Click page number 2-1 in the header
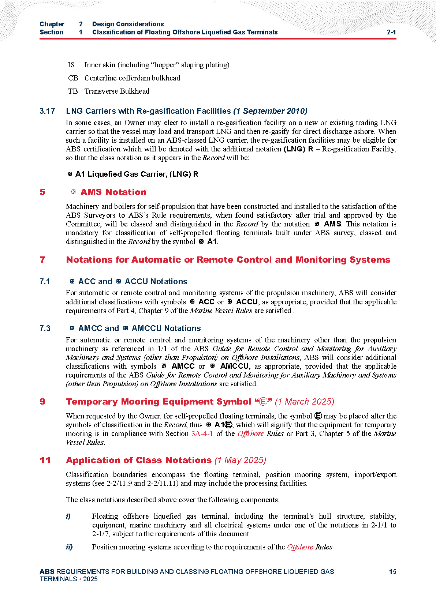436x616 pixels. [391, 32]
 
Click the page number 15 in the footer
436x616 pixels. [392, 572]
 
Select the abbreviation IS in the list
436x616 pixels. [71, 65]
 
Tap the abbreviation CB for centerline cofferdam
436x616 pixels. [73, 78]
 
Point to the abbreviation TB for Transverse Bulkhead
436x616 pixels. [73, 91]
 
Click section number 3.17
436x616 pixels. [47, 111]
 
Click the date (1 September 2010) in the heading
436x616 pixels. [270, 111]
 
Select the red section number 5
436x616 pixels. [42, 192]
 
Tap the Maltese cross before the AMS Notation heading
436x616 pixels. [73, 192]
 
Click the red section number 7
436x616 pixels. [42, 260]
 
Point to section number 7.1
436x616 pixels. [45, 282]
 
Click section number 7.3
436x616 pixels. [45, 328]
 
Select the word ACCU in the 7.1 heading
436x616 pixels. [137, 282]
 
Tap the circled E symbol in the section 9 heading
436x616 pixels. [263, 402]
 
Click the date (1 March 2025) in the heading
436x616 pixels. [305, 402]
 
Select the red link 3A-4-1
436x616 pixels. [202, 434]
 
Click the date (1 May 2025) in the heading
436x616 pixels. [240, 461]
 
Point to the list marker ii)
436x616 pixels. [69, 547]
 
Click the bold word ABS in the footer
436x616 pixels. [47, 572]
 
